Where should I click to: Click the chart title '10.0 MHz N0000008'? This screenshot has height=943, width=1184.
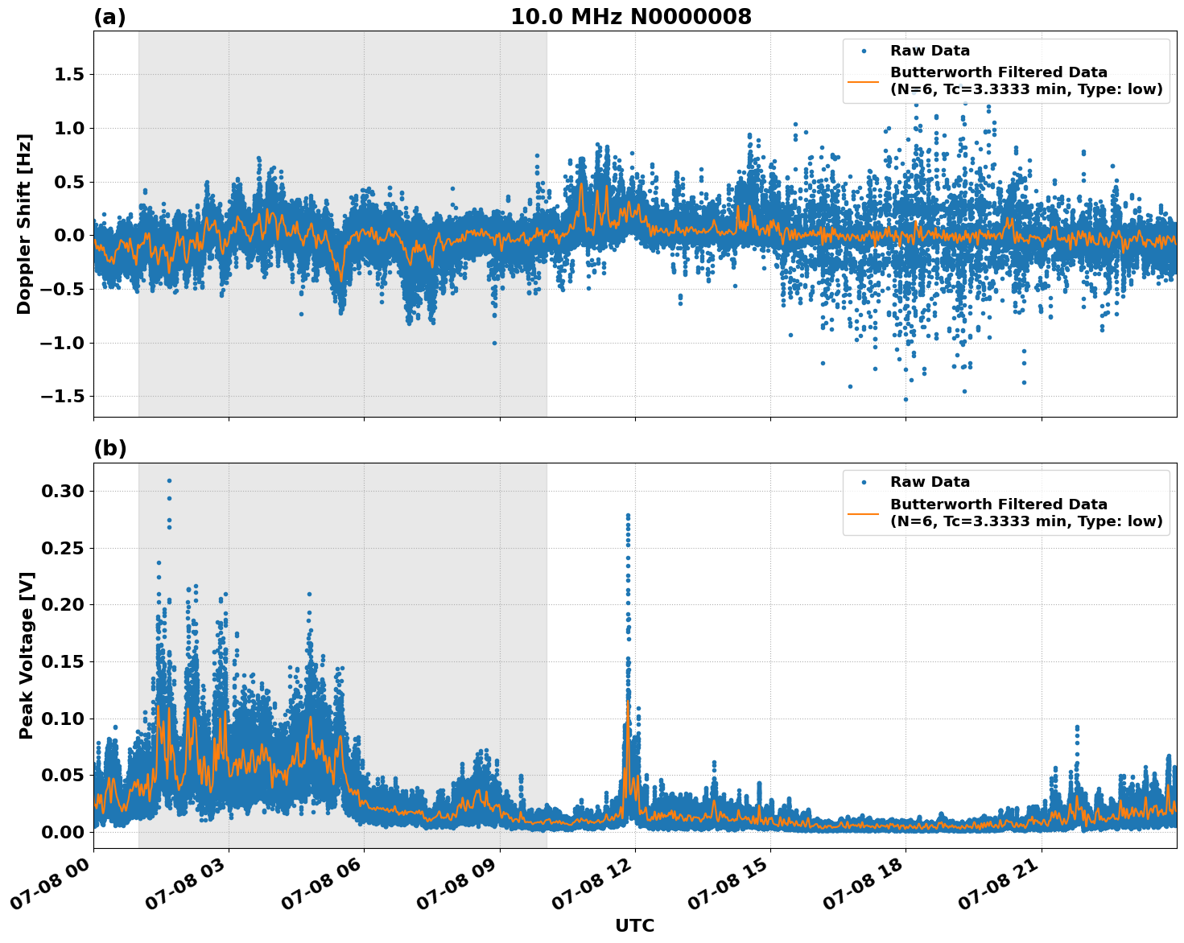(631, 17)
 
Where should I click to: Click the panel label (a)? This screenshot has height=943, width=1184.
(109, 17)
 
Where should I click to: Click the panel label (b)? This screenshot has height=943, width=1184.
(110, 448)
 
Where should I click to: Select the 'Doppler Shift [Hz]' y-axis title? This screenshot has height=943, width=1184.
(24, 224)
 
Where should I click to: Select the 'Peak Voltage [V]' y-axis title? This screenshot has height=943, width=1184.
(27, 655)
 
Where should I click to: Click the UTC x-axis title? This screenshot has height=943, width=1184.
(634, 925)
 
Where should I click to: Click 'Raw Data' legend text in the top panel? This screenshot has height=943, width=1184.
(930, 51)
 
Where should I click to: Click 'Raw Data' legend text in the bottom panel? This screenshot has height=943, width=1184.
(930, 482)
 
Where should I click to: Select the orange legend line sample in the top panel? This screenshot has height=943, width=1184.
(864, 80)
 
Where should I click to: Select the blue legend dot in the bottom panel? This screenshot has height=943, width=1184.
(864, 482)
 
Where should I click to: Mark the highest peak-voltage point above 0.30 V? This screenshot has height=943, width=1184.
(169, 480)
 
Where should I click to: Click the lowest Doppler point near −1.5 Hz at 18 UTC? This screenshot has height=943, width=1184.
(906, 399)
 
